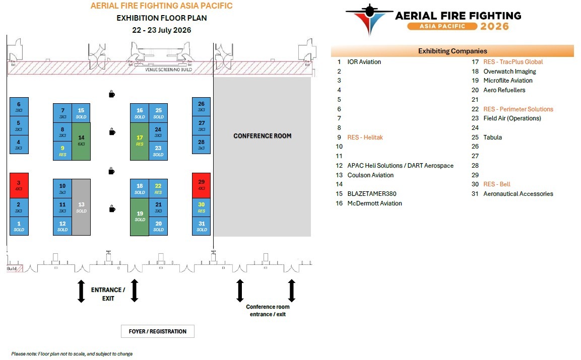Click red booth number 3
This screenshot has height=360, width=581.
pyautogui.click(x=19, y=185)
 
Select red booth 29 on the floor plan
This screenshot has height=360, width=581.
pyautogui.click(x=201, y=185)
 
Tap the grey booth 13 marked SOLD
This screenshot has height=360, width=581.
pyautogui.click(x=81, y=207)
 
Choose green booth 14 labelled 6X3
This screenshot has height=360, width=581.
pyautogui.click(x=81, y=141)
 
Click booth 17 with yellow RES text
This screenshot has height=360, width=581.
pyautogui.click(x=140, y=140)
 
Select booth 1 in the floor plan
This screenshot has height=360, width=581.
pyautogui.click(x=19, y=226)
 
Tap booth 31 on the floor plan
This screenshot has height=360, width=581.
pyautogui.click(x=201, y=226)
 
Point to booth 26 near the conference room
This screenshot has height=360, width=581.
pyautogui.click(x=201, y=106)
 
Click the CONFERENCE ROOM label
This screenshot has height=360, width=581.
pyautogui.click(x=262, y=136)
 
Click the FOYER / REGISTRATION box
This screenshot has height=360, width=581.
pyautogui.click(x=158, y=331)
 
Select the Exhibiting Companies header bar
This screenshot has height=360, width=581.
pyautogui.click(x=453, y=51)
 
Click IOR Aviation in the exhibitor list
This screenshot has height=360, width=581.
pyautogui.click(x=364, y=62)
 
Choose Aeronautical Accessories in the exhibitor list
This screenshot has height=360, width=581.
pyautogui.click(x=518, y=194)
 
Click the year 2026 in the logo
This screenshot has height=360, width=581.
pyautogui.click(x=494, y=26)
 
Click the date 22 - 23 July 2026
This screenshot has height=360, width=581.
pyautogui.click(x=162, y=30)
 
